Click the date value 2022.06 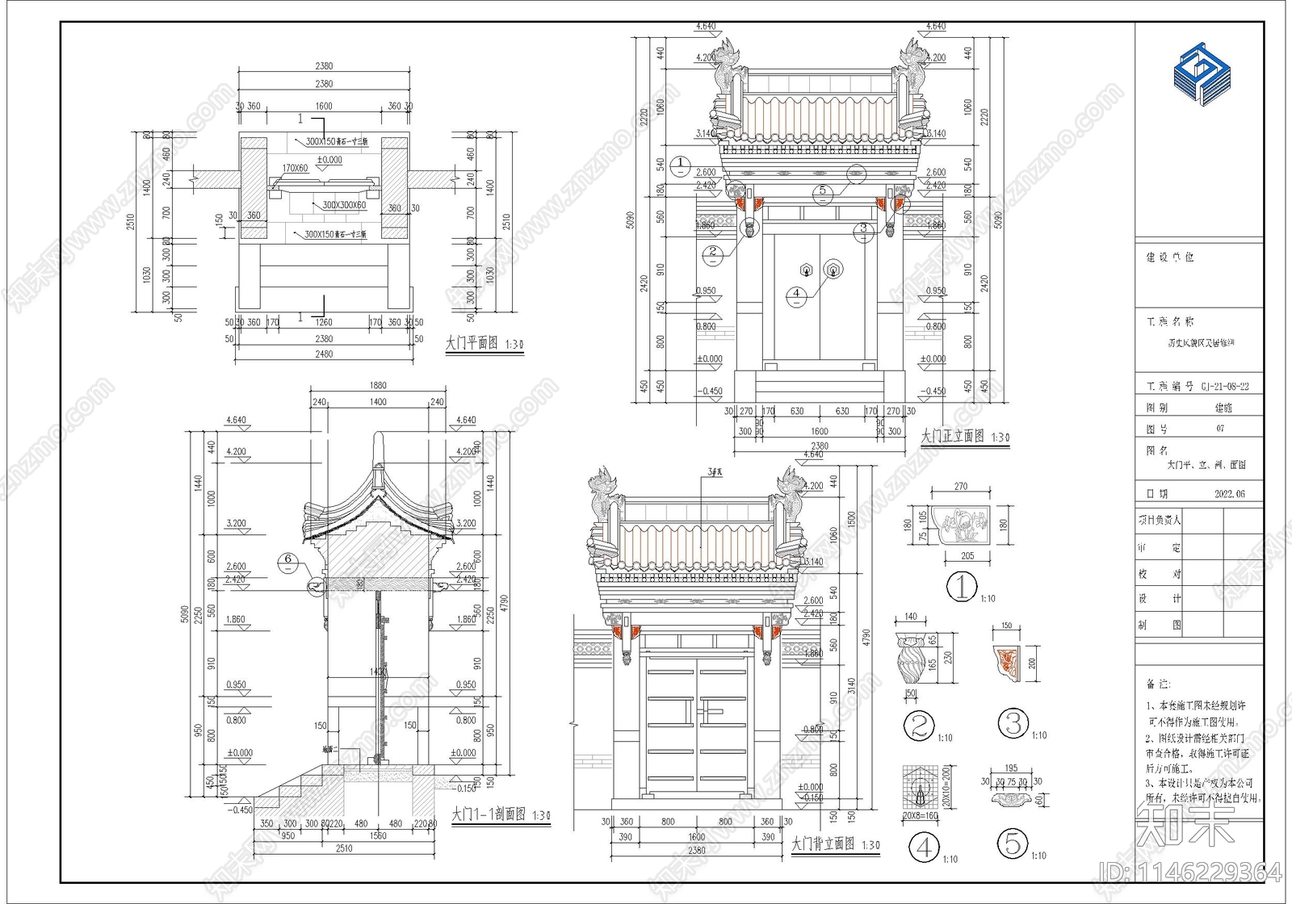(1229, 494)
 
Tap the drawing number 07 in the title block (1220, 429)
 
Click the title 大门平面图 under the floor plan (472, 343)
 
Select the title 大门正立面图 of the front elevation (953, 436)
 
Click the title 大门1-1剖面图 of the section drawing (489, 814)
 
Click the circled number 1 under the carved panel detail (961, 586)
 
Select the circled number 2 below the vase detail (918, 725)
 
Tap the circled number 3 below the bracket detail (1013, 723)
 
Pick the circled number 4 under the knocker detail (924, 847)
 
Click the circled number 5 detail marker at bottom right (1013, 844)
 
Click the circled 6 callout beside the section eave (288, 559)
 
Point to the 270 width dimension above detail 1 (961, 487)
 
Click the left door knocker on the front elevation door (806, 269)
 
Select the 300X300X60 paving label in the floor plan (344, 205)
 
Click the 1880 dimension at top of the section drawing (378, 386)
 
